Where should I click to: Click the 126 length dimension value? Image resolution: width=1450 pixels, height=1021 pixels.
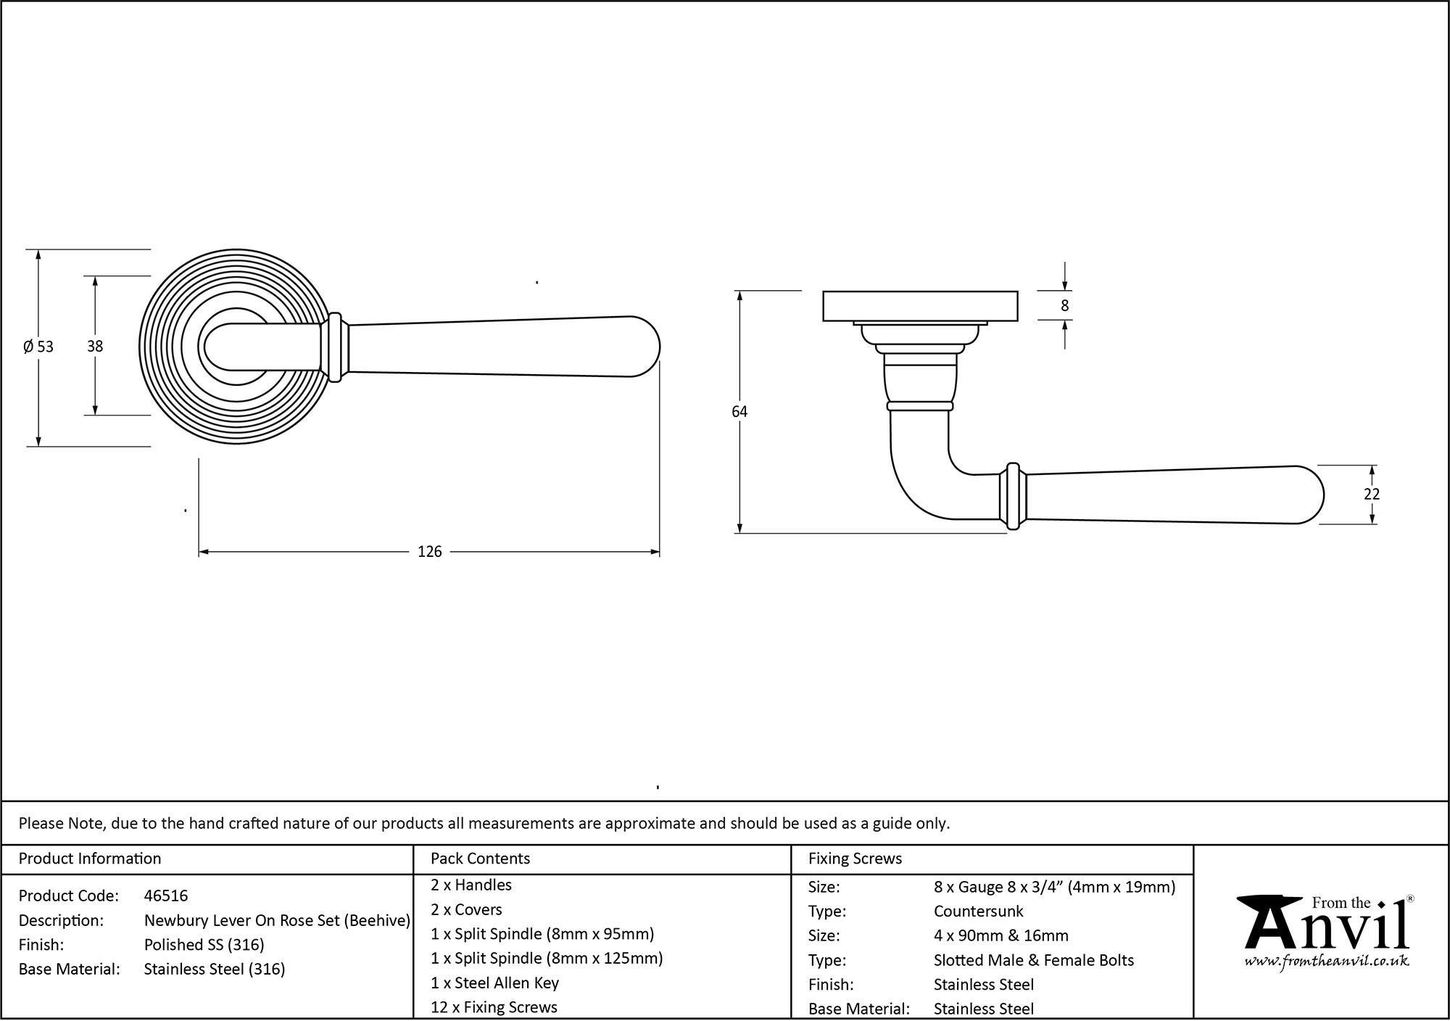429,552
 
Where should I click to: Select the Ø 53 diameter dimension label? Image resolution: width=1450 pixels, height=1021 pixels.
38,347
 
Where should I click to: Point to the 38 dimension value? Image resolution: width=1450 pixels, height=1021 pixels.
95,347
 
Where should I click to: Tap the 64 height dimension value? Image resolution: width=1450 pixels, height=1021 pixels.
739,412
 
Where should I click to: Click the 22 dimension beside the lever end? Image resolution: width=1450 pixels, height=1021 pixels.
1371,494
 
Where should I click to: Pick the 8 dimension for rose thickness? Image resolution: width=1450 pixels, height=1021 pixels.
1064,306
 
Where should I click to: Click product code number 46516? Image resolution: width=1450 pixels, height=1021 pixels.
166,896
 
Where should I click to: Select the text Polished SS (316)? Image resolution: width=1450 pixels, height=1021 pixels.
204,944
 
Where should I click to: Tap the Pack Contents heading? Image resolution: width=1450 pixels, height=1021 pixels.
480,859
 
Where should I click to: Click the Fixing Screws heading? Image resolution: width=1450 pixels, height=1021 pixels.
855,859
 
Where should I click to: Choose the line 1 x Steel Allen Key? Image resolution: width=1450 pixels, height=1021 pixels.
494,983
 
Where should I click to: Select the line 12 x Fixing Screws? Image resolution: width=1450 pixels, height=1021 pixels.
494,1006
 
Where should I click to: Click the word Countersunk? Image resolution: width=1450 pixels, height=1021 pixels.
978,911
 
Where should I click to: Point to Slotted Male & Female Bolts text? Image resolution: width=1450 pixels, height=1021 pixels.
1033,960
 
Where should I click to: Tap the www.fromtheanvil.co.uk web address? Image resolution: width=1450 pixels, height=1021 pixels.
1326,962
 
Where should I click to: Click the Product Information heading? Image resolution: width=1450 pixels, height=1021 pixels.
90,859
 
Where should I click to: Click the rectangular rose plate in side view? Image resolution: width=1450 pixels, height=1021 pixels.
920,306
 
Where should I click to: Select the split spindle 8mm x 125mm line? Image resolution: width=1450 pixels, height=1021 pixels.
547,958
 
